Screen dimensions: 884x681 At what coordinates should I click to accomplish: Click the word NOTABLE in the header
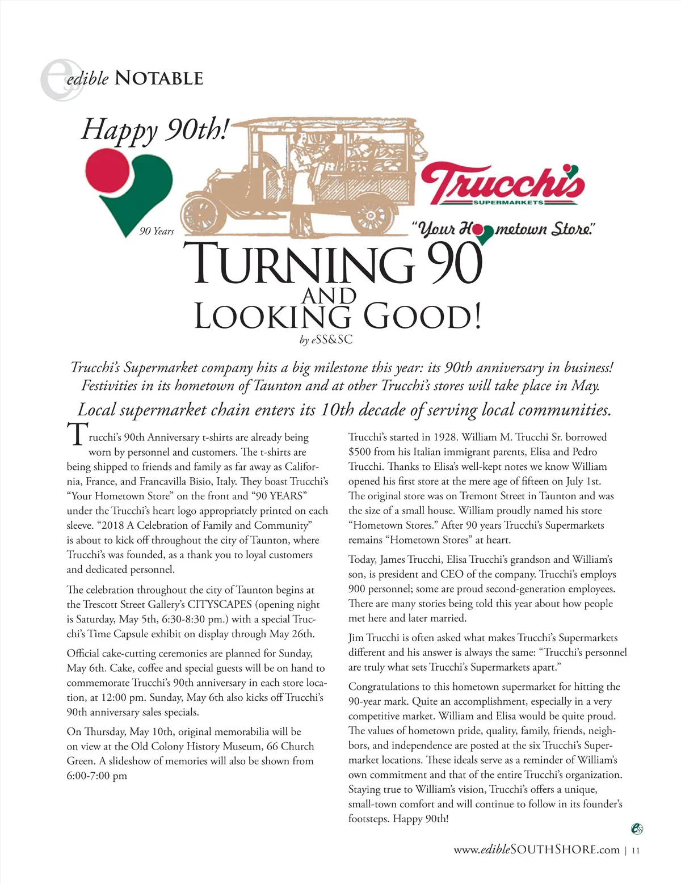pos(158,78)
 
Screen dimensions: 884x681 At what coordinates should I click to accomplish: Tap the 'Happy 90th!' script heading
pos(154,129)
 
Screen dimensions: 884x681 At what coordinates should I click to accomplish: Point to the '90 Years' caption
pos(157,231)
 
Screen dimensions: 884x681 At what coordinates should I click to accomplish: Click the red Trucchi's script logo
pos(502,183)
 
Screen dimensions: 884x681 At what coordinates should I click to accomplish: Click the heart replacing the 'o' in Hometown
pos(483,233)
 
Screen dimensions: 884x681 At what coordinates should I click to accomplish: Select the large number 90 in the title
pos(453,264)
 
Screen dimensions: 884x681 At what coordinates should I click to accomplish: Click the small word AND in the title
pos(329,296)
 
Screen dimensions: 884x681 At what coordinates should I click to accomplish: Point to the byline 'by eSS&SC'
pos(326,340)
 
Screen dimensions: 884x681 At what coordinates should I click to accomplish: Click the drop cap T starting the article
pos(77,436)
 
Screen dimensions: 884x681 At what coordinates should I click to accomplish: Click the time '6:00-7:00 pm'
pos(97,776)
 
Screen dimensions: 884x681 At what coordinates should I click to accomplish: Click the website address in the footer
pos(536,849)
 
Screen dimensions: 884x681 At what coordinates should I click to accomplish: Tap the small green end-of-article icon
pos(637,829)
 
